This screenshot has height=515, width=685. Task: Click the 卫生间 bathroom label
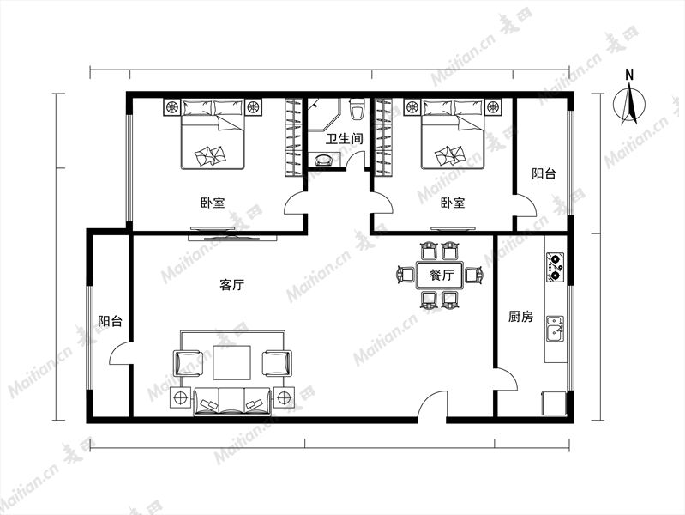point(345,139)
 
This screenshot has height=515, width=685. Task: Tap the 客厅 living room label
point(231,285)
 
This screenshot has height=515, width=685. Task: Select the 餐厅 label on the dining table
point(442,276)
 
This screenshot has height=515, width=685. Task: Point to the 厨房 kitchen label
point(520,317)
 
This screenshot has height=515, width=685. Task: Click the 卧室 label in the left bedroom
point(213,203)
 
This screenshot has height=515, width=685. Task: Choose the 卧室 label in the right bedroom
point(453,203)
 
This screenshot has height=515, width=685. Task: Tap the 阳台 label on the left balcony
point(110,322)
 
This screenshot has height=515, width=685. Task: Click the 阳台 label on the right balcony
point(544,173)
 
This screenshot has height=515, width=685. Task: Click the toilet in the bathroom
point(357,109)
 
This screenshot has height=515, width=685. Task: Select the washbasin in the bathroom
point(322,160)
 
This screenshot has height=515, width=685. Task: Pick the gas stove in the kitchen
point(555,267)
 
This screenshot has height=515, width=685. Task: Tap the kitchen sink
point(555,329)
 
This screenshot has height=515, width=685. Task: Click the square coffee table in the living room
point(232,362)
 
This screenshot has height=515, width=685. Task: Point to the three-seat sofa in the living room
point(232,401)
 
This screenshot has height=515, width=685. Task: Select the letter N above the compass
point(629,75)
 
